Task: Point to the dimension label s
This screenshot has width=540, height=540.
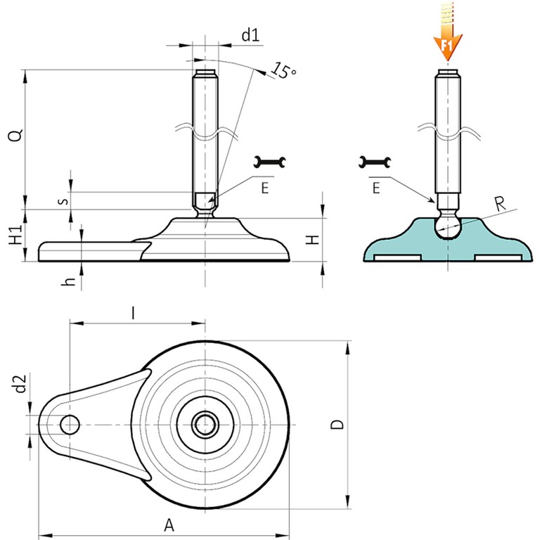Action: point(63,200)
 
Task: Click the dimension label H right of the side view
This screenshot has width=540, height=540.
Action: point(315,238)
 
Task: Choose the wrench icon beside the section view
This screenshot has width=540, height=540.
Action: point(373,162)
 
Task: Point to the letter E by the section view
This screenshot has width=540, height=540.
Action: point(376,187)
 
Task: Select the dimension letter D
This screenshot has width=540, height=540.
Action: point(337,424)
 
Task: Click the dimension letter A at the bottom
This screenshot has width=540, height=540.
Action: point(168,524)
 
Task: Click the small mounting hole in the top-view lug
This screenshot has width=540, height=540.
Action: point(70,425)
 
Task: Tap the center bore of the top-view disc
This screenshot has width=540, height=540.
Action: point(205,425)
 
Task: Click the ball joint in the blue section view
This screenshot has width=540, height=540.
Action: point(447,222)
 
